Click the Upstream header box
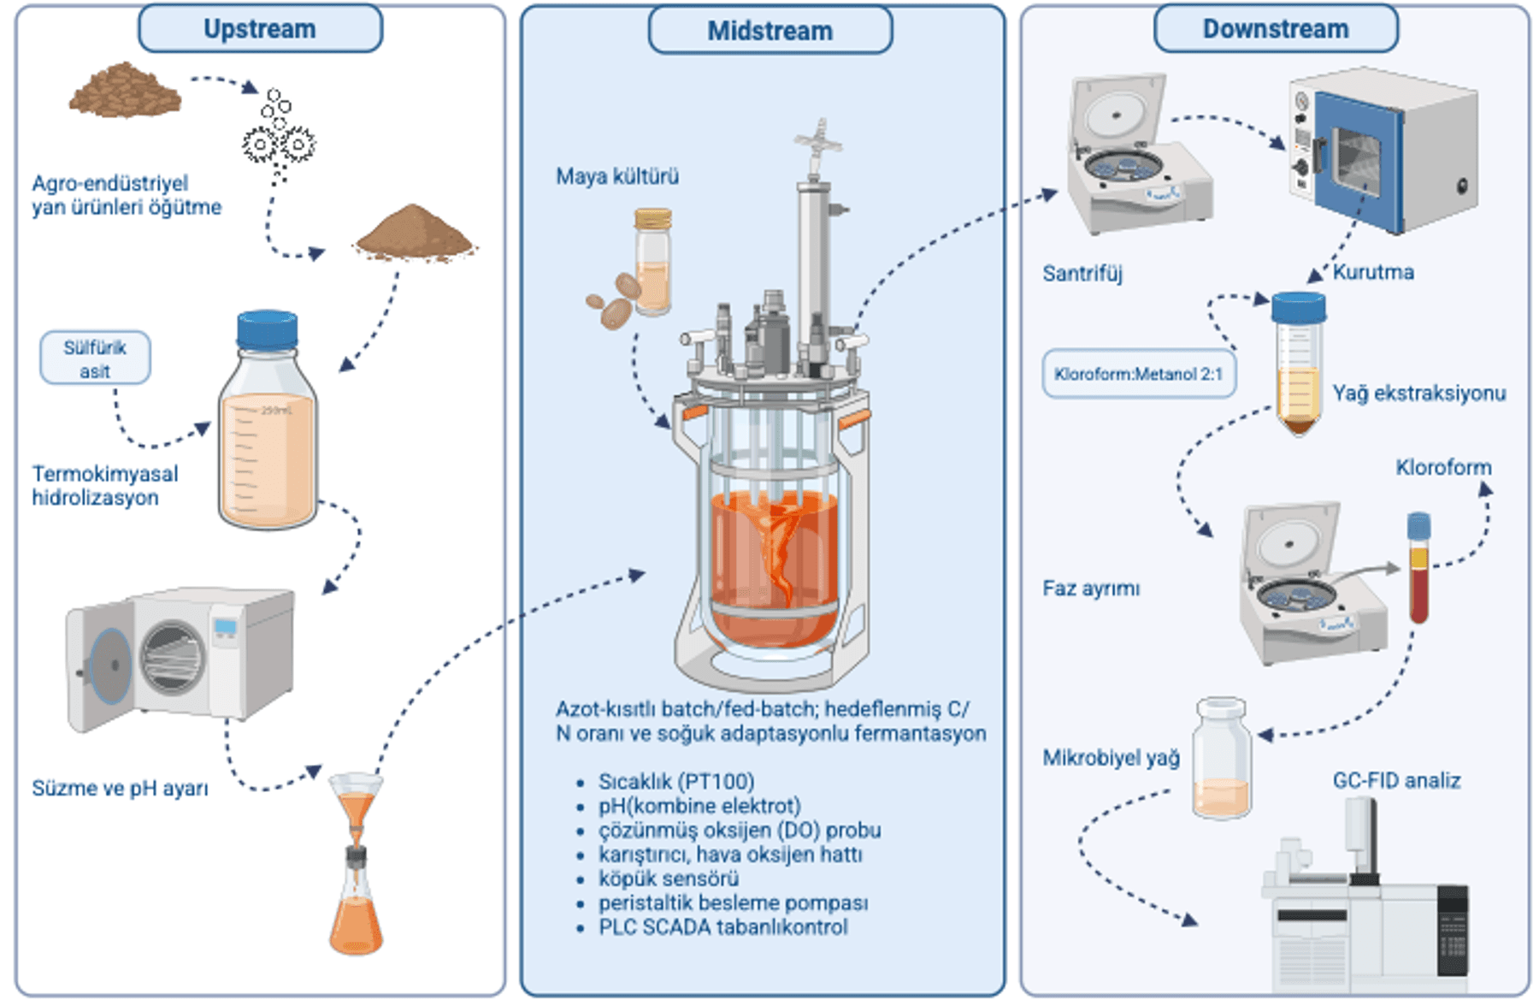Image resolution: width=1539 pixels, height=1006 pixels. click(260, 29)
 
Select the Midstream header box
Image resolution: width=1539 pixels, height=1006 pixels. click(769, 31)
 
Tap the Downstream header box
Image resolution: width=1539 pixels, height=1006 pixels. click(1275, 29)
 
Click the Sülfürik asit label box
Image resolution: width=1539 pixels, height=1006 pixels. click(95, 358)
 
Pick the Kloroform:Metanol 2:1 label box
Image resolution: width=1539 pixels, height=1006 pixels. click(1138, 374)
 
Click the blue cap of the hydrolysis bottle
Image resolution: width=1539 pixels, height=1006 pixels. click(267, 329)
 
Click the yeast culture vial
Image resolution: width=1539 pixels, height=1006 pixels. click(652, 263)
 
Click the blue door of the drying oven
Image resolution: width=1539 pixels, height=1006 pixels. click(1357, 163)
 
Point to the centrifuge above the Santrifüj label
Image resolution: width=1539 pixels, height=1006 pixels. click(1133, 158)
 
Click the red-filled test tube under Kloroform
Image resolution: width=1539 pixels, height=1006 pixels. click(1418, 569)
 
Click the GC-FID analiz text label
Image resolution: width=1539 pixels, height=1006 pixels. click(1395, 780)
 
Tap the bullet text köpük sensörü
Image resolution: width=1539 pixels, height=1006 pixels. click(668, 879)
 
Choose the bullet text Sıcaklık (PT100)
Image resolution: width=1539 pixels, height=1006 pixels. click(675, 782)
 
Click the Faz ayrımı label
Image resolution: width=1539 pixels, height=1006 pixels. click(1090, 589)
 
